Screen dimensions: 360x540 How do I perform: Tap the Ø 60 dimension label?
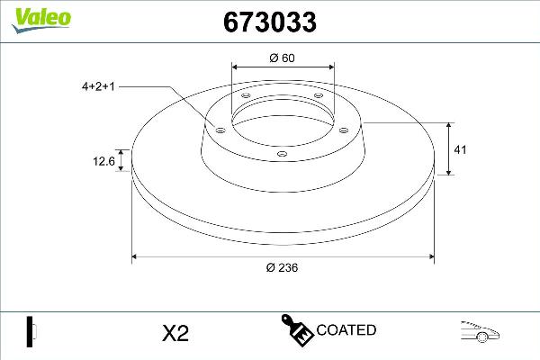click(x=283, y=58)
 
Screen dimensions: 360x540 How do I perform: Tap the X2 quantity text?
click(x=175, y=332)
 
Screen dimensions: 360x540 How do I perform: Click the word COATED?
click(x=346, y=330)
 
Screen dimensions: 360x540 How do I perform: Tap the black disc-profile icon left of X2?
click(x=30, y=330)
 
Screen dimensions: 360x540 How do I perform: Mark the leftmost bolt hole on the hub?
click(x=219, y=130)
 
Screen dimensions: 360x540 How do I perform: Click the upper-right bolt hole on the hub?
click(x=318, y=98)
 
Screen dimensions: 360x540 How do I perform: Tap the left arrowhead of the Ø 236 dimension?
click(x=136, y=258)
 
